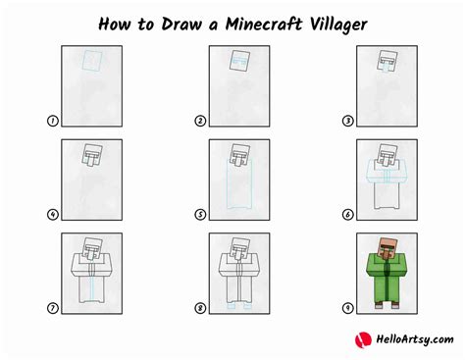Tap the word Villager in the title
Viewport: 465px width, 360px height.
(334, 23)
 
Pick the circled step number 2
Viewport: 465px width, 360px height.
(199, 121)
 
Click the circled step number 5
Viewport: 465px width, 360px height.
(199, 215)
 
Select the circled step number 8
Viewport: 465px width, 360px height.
(199, 309)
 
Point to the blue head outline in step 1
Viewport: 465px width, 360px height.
(92, 62)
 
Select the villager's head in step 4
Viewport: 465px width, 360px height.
(92, 153)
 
